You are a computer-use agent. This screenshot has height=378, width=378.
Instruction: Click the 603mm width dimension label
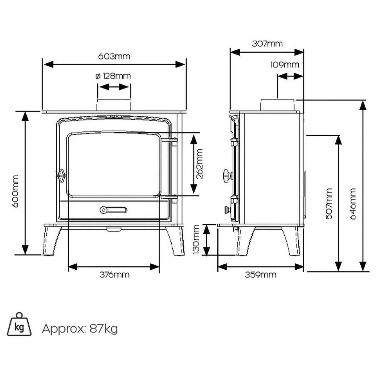[114, 56]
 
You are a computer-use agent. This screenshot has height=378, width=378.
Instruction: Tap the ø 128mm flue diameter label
[113, 76]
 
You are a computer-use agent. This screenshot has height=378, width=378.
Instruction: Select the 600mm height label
[15, 191]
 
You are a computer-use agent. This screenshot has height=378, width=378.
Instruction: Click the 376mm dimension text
[114, 275]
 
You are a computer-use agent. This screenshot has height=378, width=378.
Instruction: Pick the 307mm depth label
[267, 44]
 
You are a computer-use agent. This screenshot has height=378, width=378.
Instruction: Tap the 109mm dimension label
[285, 65]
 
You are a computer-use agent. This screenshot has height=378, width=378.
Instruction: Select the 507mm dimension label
[329, 204]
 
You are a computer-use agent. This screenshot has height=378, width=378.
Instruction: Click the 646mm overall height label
[352, 204]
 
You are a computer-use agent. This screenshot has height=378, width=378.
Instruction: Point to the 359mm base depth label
[260, 275]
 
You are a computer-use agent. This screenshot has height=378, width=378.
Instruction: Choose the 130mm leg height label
[196, 239]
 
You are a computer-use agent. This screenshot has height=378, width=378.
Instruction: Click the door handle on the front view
[60, 176]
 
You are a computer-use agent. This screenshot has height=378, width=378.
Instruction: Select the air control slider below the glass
[114, 210]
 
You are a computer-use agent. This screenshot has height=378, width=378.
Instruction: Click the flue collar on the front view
[114, 105]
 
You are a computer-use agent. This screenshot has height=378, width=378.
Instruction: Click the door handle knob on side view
[227, 175]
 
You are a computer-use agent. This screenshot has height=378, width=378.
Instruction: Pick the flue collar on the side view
[278, 105]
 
